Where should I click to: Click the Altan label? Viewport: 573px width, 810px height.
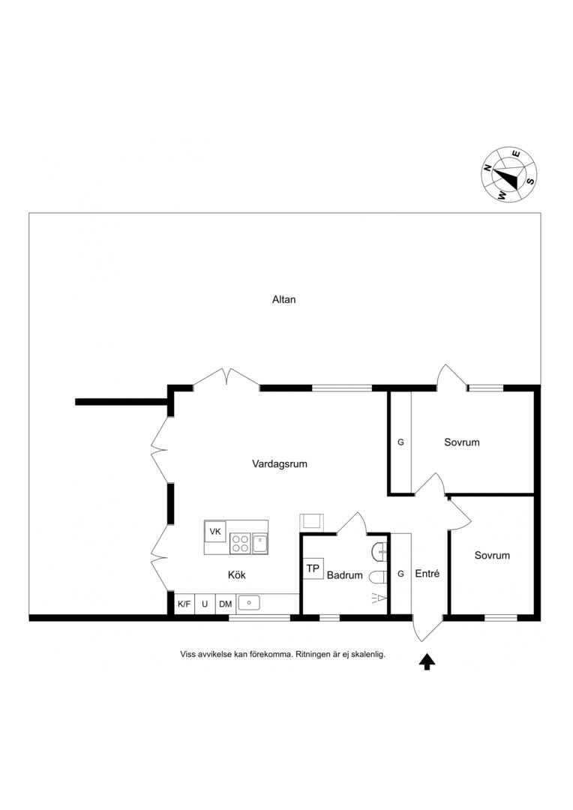coord(283,299)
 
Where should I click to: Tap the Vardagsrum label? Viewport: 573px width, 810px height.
coord(280,464)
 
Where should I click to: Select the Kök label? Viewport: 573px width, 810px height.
coord(237,575)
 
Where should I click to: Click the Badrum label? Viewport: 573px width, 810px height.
coord(345,575)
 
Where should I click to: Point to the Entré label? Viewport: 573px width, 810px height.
coord(427,574)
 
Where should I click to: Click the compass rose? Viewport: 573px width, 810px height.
coord(509,174)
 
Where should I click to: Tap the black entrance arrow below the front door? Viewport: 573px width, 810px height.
coord(427,661)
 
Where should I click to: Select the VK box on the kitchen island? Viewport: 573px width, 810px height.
coord(215,531)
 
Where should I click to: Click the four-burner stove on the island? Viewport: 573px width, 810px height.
coord(240,544)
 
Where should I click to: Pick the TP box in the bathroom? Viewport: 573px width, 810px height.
coord(313,568)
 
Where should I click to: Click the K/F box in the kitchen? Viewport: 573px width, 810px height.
coord(184,604)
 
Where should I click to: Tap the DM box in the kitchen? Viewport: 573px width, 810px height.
coord(225,604)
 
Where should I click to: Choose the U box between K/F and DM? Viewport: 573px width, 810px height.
coord(205,604)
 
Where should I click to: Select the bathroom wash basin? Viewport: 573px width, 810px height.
coord(379,552)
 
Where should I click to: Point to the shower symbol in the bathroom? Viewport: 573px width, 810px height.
coord(379,598)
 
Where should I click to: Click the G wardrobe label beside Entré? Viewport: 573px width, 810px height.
coord(400,574)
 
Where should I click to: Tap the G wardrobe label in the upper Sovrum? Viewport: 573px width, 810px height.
coord(400,442)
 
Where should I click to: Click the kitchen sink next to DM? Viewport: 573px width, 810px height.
coord(248,602)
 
